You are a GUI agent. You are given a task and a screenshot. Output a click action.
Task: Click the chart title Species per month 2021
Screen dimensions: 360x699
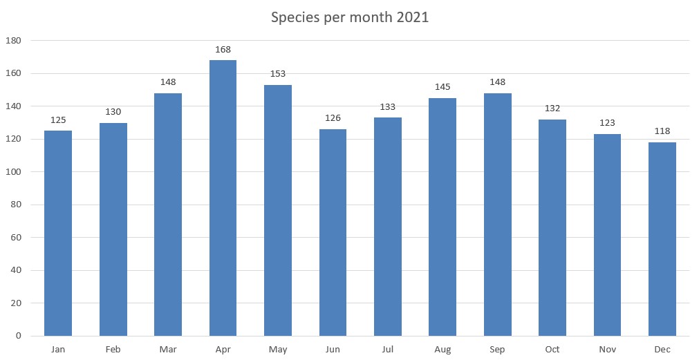click(x=349, y=18)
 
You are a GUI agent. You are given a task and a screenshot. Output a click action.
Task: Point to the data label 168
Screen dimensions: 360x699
click(x=223, y=50)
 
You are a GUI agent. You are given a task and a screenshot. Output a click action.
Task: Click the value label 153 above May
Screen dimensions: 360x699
click(x=278, y=74)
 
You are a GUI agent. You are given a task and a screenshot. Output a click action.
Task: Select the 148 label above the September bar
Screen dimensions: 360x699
click(x=497, y=82)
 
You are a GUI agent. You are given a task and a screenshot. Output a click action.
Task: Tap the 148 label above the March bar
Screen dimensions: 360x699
click(x=168, y=82)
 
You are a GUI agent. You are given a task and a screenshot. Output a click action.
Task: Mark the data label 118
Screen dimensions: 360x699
click(x=662, y=131)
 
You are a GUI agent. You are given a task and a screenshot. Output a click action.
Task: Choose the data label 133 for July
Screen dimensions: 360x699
click(x=388, y=107)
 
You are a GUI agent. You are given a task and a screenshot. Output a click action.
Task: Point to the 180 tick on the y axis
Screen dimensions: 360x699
click(x=14, y=41)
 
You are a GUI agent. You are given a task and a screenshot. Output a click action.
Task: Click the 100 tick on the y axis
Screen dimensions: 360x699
click(x=14, y=172)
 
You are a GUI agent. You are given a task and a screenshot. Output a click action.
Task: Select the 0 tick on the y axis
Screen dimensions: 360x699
click(x=19, y=336)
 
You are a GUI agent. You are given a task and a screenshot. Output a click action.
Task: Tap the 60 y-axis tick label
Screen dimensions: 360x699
click(x=16, y=238)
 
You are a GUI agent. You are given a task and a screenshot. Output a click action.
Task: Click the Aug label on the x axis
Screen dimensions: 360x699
click(x=442, y=350)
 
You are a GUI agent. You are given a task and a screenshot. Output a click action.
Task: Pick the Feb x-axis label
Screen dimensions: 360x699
click(x=113, y=350)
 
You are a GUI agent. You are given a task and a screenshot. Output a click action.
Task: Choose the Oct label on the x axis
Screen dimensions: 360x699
click(x=552, y=350)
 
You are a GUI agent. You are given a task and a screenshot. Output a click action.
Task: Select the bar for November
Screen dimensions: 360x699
click(x=607, y=235)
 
